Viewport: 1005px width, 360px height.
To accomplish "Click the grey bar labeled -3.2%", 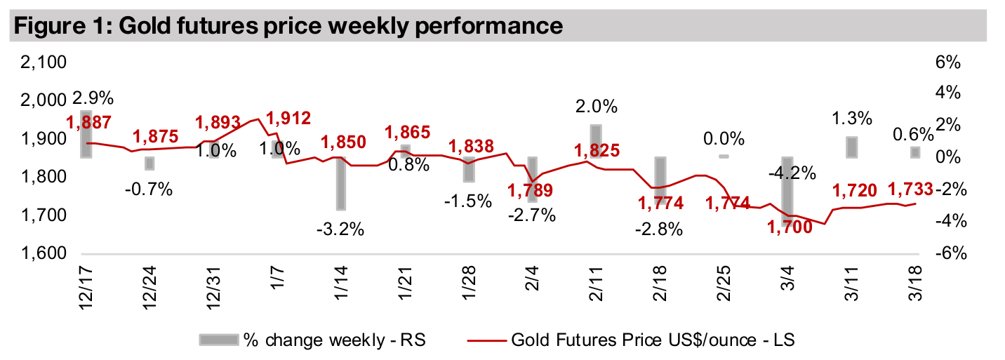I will coord(340,183).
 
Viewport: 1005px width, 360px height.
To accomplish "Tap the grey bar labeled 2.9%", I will coord(86,133).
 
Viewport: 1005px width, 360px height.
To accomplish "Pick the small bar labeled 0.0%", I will coord(723,156).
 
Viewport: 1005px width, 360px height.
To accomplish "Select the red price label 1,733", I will coord(911,189).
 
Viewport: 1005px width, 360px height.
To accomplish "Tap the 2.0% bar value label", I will coord(597,107).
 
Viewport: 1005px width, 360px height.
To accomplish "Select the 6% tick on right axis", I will coord(947,62).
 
